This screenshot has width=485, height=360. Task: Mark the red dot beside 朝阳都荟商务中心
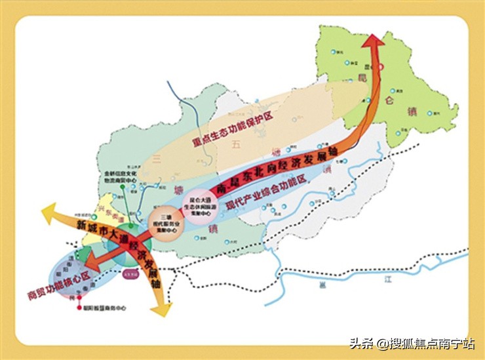pos(79,308)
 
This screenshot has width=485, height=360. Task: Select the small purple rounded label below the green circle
pos(130,275)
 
